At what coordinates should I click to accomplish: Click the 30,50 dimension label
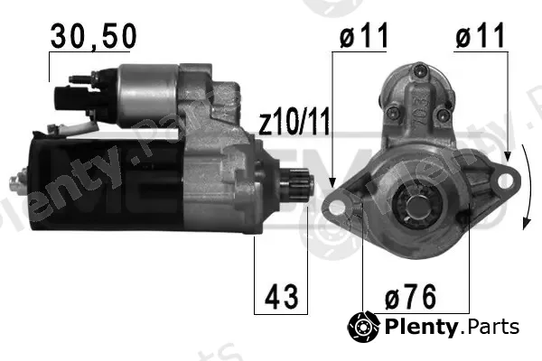click(93, 37)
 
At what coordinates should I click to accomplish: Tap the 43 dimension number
click(281, 296)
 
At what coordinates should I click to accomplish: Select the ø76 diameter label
click(411, 296)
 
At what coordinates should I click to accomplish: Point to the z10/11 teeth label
click(294, 121)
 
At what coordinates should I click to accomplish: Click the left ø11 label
click(364, 35)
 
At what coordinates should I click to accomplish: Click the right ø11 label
click(481, 35)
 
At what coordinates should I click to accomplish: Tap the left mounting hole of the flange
click(336, 207)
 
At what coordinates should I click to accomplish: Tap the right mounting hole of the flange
click(505, 180)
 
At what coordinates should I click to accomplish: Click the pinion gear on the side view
click(297, 185)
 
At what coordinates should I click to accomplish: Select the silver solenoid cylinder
click(149, 95)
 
